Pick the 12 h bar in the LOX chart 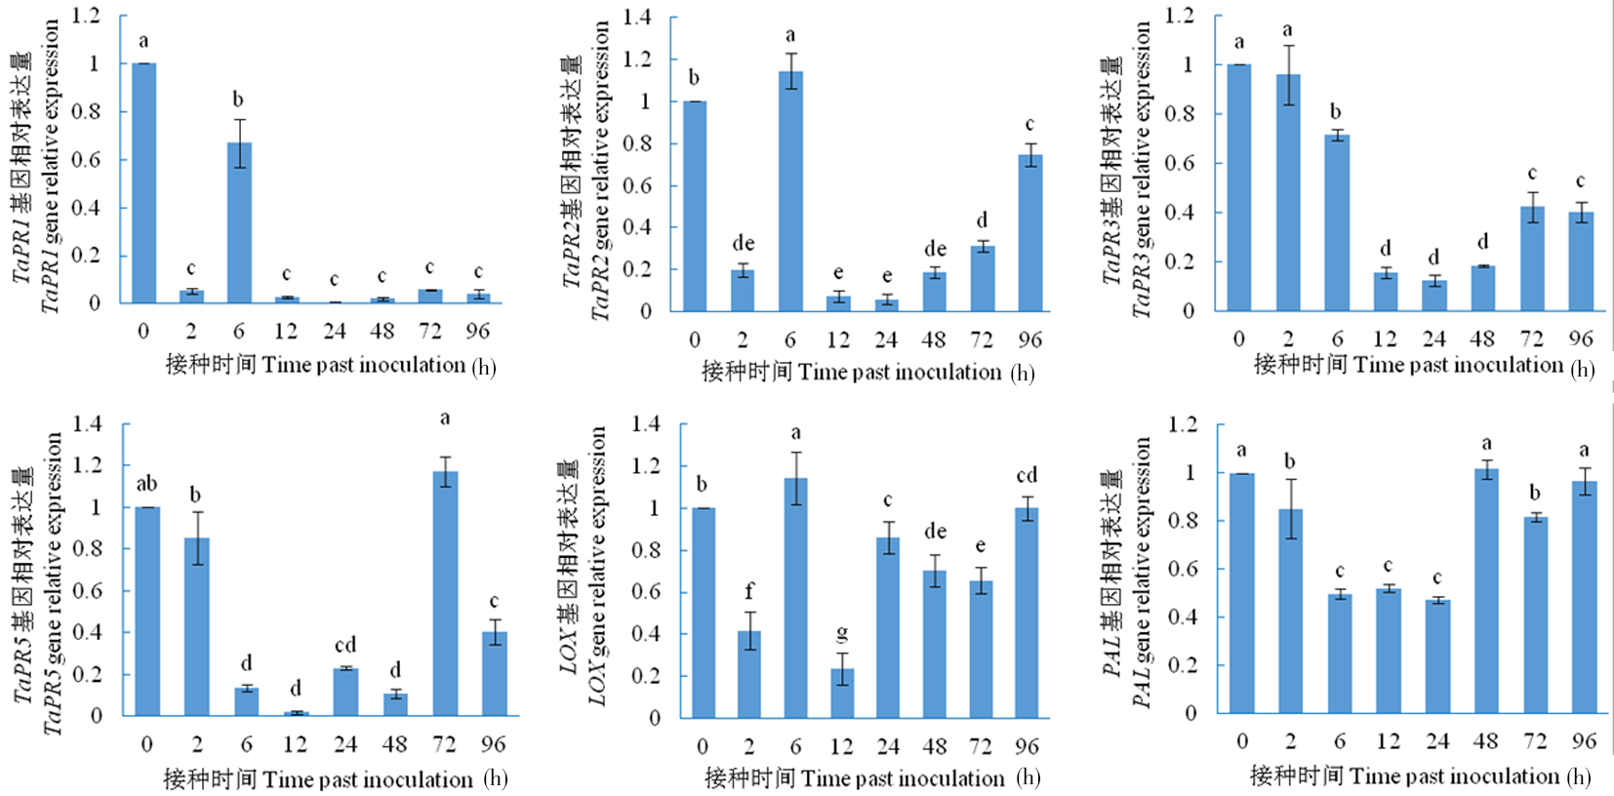tap(841, 693)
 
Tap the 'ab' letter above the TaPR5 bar tap(146, 484)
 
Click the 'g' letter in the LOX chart tap(842, 635)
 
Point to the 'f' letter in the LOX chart tap(748, 591)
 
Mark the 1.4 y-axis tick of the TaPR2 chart tap(636, 18)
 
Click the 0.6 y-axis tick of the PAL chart tap(1183, 569)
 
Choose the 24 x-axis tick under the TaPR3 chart tap(1433, 338)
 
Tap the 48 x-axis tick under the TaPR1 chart tap(382, 332)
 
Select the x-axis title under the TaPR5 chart tap(335, 779)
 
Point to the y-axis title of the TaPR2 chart tap(585, 171)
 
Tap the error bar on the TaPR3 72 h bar tap(1532, 206)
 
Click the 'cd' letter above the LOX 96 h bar tap(1027, 476)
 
